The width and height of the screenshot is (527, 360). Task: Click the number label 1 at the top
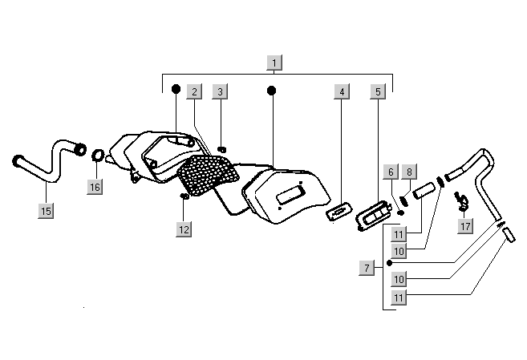click(275, 62)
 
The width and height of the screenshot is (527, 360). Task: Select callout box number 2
click(193, 91)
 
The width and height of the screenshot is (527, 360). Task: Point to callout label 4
click(342, 91)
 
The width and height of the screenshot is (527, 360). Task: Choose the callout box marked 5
click(378, 91)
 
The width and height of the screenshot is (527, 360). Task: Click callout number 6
click(391, 172)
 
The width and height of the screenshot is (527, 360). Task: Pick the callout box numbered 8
click(408, 172)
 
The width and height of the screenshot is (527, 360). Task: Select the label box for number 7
click(367, 268)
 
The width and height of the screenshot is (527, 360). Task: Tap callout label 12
click(184, 229)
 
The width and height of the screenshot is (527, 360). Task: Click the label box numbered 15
click(46, 211)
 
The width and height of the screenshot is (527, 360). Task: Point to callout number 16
click(95, 187)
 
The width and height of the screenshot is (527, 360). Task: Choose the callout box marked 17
click(465, 227)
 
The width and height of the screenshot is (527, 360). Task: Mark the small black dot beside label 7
click(388, 262)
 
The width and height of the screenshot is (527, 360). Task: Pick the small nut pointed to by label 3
click(222, 149)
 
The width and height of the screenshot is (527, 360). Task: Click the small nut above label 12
click(184, 196)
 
